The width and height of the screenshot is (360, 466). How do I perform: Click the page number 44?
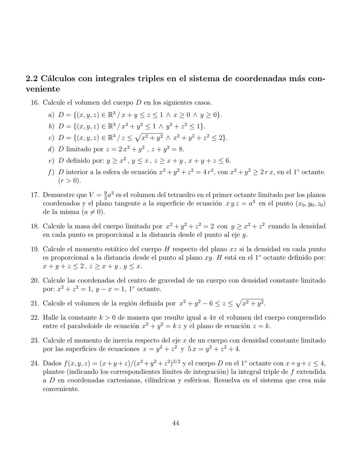[176, 423]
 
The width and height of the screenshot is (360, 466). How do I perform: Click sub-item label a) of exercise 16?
[51, 115]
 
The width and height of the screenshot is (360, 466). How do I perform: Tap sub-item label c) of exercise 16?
[51, 138]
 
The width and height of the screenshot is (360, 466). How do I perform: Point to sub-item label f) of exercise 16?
[51, 172]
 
